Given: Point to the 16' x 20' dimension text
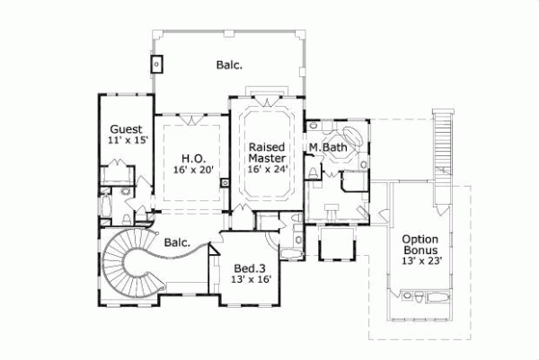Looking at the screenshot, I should (x=190, y=170).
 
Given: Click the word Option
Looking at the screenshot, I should (x=420, y=239).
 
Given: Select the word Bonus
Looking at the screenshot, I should (x=420, y=250).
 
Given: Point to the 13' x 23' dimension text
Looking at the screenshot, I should (x=420, y=262).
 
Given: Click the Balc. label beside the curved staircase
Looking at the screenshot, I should (x=177, y=241).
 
